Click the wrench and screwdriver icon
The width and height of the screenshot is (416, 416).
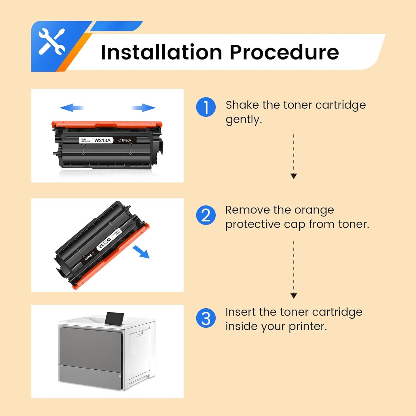[52, 42]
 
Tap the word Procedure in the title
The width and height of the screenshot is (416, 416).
[284, 52]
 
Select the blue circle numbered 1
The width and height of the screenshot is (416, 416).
[206, 107]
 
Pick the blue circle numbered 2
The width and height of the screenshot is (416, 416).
[206, 215]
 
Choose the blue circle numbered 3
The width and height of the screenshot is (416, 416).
[206, 318]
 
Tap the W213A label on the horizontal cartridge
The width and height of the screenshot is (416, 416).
[102, 140]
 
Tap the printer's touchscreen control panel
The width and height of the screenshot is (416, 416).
[114, 318]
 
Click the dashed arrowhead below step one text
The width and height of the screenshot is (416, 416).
[294, 176]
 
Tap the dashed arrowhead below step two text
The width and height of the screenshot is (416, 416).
[294, 296]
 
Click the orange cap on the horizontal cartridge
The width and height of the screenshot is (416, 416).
[107, 124]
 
